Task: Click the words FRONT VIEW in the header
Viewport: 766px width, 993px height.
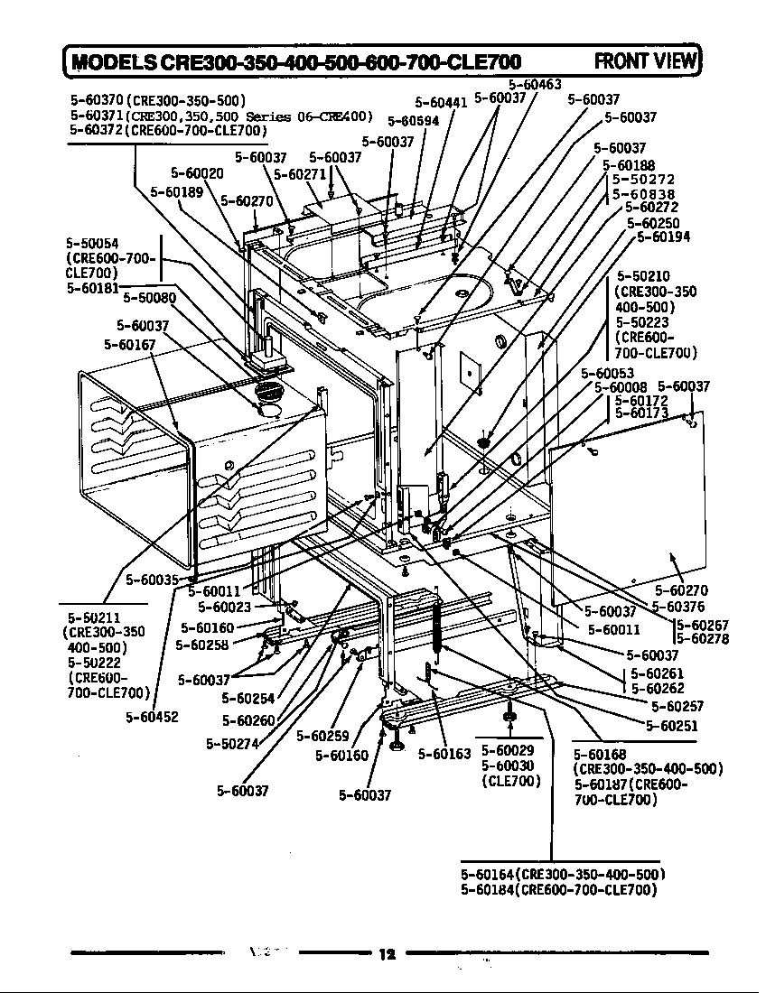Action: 647,60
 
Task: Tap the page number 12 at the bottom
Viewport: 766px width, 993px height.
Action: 388,955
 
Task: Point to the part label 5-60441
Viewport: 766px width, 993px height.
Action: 440,103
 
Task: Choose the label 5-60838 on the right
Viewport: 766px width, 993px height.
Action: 643,194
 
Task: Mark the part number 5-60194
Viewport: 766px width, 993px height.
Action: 664,237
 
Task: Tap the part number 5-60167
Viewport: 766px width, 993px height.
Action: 130,344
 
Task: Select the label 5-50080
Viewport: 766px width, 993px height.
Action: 149,297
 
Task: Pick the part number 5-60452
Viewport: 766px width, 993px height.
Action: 152,717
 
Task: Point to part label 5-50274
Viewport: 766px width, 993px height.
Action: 232,744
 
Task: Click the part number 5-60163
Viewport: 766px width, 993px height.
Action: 444,755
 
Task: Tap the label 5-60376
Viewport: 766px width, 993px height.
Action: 678,607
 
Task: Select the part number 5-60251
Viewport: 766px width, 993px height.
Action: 672,726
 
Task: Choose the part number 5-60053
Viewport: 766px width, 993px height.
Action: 608,373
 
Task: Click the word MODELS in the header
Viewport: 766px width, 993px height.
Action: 114,61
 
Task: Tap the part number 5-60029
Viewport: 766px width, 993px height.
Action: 508,750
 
